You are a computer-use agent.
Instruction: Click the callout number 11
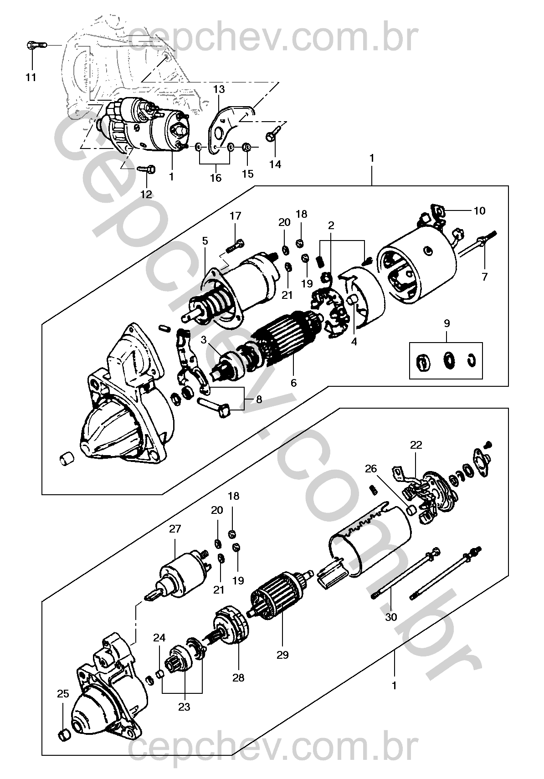point(31,77)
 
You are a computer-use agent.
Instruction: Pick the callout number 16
point(216,178)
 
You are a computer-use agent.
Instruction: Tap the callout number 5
point(205,240)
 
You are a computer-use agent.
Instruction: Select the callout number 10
point(479,211)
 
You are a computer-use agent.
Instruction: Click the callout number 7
point(484,277)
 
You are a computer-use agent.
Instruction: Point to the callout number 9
point(446,323)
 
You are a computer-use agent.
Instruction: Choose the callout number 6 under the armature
point(293,383)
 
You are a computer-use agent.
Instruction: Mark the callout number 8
point(259,400)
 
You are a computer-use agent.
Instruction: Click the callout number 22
point(416,445)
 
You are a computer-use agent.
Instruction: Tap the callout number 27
point(175,529)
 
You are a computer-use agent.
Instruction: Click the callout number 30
point(391,617)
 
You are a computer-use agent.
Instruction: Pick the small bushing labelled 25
point(64,734)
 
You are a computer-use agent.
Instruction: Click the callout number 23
point(184,707)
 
